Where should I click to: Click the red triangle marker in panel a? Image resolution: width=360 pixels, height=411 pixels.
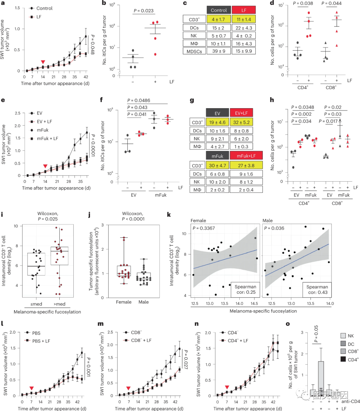[43, 62]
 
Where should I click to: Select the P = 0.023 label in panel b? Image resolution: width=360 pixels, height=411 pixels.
[144, 11]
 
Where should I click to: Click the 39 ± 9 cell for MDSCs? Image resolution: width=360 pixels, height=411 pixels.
[218, 51]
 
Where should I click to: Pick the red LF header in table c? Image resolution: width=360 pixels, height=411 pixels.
[244, 10]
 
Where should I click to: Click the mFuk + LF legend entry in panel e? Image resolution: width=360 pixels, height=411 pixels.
[47, 138]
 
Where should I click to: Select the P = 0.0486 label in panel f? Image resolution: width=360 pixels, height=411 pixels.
[139, 100]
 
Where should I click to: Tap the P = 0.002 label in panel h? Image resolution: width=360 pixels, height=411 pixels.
[301, 114]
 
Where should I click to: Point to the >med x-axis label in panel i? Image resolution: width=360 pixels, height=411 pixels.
[59, 304]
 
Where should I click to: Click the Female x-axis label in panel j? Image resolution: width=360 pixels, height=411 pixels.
[124, 302]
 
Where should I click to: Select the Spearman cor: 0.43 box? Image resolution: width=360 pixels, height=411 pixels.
[317, 289]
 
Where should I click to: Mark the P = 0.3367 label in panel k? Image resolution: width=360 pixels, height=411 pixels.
[204, 228]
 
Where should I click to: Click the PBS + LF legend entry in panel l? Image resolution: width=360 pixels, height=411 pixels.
[41, 341]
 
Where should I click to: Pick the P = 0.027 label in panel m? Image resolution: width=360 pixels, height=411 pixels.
[186, 359]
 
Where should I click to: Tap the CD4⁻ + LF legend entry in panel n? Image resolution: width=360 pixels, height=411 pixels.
[238, 340]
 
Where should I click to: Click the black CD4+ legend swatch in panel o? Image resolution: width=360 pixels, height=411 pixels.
[343, 359]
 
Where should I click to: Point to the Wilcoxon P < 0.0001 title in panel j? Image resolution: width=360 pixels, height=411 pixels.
[133, 216]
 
